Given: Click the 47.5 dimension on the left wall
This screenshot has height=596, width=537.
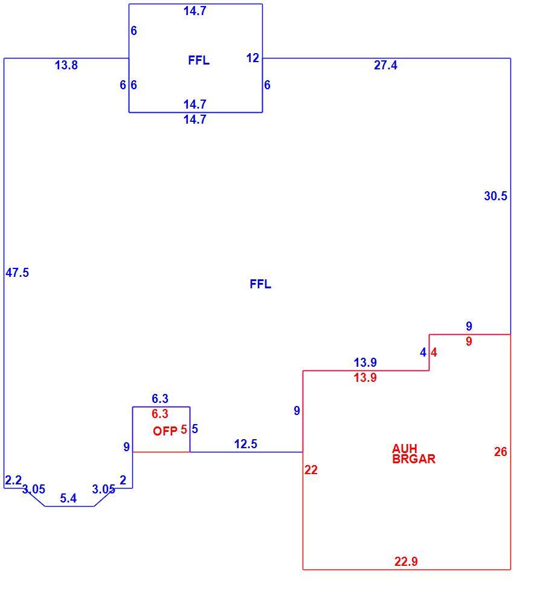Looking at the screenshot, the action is pos(17,273).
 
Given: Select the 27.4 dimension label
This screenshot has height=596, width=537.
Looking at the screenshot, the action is pos(385,65).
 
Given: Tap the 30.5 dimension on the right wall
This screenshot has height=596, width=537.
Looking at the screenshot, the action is pos(495,196).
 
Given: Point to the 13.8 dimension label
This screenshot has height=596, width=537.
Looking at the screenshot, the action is pos(66,65).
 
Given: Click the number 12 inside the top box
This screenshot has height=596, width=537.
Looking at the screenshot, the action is pos(252,58).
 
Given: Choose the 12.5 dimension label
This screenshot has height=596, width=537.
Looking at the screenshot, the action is pos(245,443).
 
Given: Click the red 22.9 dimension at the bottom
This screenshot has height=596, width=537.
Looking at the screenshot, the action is pos(406,561).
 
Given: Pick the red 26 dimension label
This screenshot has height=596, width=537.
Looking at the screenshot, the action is pos(501,451).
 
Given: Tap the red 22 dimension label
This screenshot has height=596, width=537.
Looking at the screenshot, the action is pos(311,470).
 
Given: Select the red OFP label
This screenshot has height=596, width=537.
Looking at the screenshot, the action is pos(165,431).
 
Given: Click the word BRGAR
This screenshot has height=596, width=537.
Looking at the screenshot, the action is pos(414,459).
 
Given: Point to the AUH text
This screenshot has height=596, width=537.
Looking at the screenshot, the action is pos(405,449).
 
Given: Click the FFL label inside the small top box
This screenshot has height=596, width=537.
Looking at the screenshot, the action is pos(199,60).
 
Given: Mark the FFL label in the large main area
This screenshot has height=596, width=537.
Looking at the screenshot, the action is pos(260,284).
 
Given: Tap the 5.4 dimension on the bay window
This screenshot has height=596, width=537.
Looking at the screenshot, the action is pos(68,498).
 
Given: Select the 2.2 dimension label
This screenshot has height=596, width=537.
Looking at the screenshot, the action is pos(13,480).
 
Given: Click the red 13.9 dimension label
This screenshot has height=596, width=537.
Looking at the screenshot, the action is pos(365,378).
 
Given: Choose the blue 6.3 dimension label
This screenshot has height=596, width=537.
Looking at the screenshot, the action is pos(160,398).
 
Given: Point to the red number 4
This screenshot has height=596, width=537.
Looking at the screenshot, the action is pos(434,352).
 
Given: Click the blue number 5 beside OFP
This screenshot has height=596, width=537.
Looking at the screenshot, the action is pos(195,429).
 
